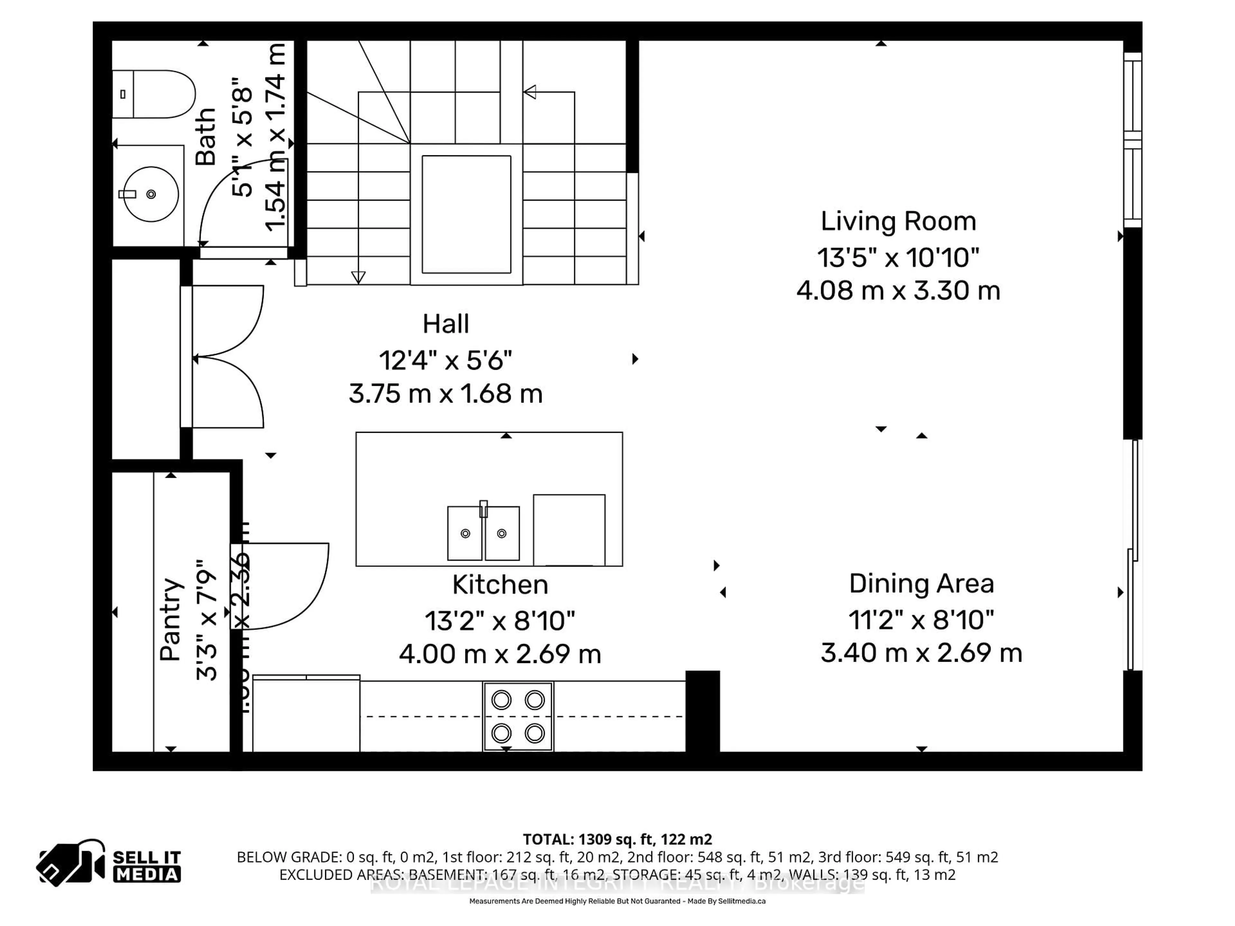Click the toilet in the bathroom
pos(153,94)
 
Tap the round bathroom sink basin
pos(151,194)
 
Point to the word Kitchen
pos(500,585)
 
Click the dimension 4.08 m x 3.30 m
pos(898,291)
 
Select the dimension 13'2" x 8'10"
pos(500,620)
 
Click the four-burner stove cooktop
pos(517,716)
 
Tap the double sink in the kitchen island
pos(483,533)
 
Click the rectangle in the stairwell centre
pos(466,214)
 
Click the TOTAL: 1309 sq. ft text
pos(617,839)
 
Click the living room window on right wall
pos(1132,140)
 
